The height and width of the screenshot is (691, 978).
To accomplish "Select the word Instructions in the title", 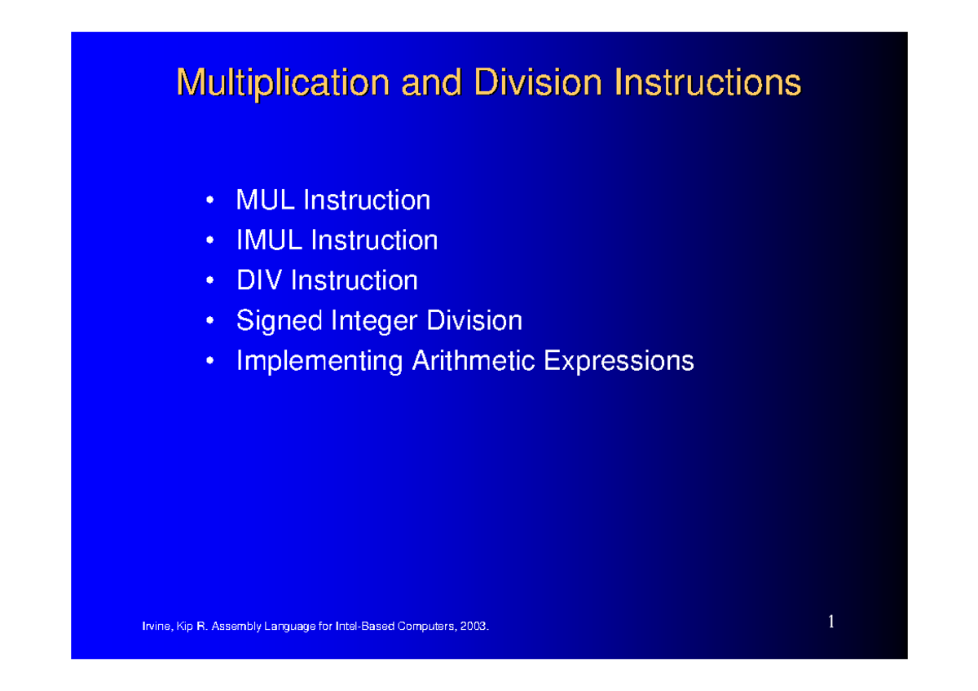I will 707,83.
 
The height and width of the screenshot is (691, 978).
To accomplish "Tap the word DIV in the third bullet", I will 259,281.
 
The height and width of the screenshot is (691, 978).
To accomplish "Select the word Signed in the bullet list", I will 279,321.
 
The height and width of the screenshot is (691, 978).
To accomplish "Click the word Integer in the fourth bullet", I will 374,321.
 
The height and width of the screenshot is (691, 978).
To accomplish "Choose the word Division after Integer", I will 474,321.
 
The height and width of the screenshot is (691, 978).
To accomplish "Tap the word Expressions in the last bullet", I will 619,361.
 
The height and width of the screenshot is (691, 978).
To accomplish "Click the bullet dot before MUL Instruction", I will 211,200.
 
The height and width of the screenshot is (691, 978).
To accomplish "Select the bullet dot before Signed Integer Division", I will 211,321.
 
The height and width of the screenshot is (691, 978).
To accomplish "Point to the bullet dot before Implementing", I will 211,361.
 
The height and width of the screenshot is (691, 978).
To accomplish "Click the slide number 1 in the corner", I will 831,623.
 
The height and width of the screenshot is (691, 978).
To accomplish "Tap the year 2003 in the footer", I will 474,627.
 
